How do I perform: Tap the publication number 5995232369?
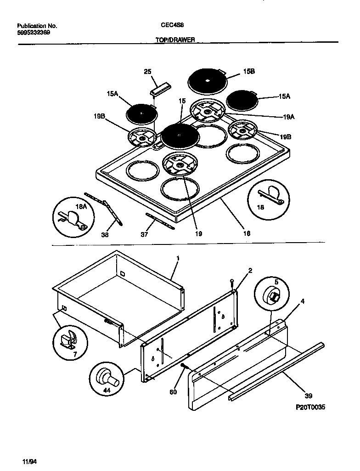click(x=34, y=33)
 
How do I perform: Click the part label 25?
click(x=147, y=71)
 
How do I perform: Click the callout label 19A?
click(x=289, y=117)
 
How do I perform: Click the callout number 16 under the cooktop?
click(x=247, y=233)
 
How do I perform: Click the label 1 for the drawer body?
click(x=178, y=258)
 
